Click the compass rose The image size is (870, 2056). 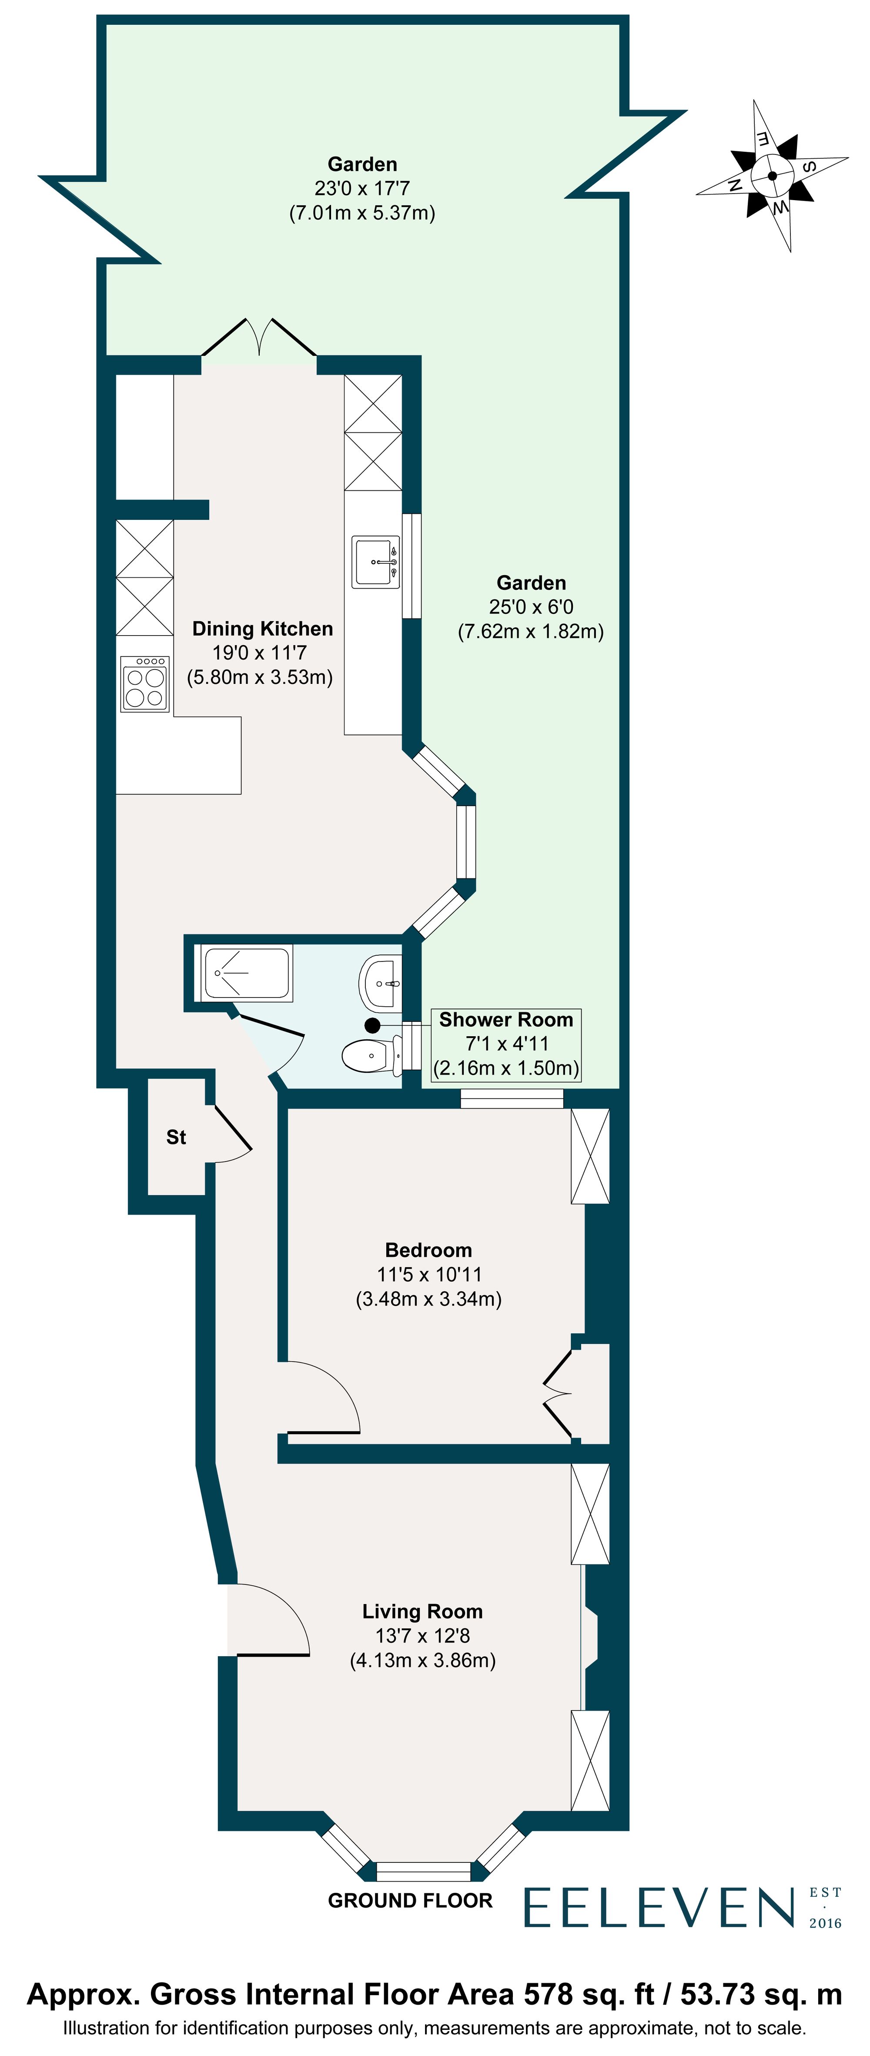772,176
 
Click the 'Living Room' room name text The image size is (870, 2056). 422,1611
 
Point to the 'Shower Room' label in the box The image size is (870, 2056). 506,1020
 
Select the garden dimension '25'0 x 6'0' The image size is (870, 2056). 531,607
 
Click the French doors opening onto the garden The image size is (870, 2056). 259,343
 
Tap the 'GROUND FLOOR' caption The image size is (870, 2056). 410,1900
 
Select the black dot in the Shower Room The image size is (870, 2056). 372,1025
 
